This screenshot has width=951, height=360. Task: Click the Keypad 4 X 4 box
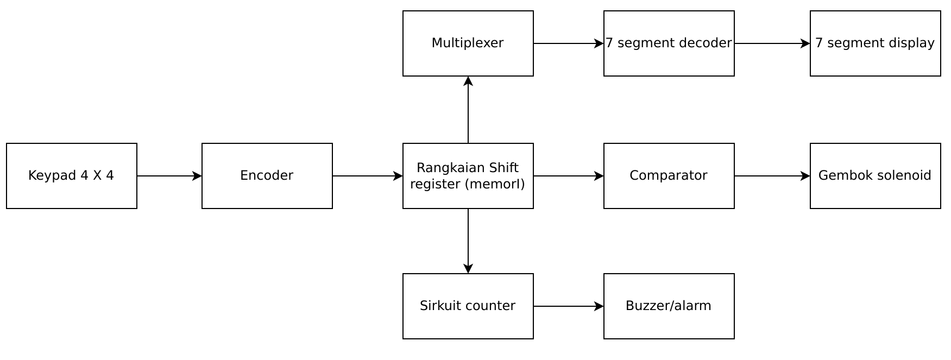[71, 175]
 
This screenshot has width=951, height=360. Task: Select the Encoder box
[267, 175]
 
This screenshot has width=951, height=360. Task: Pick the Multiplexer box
[468, 43]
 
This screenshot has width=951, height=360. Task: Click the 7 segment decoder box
[669, 43]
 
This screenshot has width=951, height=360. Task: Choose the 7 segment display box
[875, 43]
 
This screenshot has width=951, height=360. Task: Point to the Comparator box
[669, 175]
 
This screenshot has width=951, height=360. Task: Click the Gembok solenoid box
[875, 175]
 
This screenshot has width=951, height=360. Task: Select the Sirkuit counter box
[468, 306]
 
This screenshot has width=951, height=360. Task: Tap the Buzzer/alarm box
[669, 306]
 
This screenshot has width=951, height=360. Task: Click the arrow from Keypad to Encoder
[169, 176]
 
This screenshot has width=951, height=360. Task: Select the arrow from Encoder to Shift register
[367, 176]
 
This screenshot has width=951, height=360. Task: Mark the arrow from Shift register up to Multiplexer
[468, 110]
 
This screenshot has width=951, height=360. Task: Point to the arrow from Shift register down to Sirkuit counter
[468, 241]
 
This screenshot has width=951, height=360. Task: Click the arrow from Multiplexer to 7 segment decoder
[568, 43]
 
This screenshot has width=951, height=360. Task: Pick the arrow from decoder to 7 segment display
[772, 43]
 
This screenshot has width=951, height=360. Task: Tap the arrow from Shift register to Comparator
[568, 176]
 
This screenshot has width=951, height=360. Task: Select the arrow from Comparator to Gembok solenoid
[772, 176]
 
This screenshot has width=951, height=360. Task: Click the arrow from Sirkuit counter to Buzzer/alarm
[568, 306]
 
